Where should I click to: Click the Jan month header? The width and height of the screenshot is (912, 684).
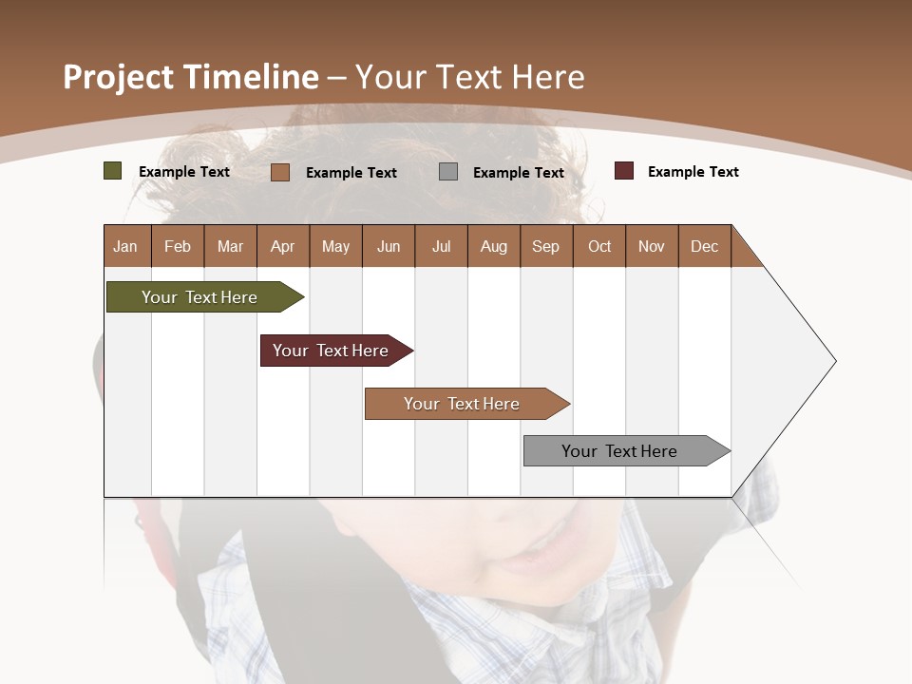[125, 246]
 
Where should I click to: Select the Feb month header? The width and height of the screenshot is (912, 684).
[178, 246]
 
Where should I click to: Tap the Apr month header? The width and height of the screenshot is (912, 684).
[282, 246]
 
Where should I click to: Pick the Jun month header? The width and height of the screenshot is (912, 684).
[389, 246]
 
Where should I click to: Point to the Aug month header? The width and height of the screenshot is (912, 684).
[493, 246]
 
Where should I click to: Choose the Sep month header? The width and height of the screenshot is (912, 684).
[545, 246]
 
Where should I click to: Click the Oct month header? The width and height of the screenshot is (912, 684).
[599, 246]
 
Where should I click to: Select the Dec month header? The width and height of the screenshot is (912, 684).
[704, 246]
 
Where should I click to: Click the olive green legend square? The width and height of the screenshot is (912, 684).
[112, 171]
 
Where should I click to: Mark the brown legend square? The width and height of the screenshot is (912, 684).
[279, 172]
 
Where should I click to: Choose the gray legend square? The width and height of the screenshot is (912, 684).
[448, 172]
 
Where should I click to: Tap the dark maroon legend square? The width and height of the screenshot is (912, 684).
[623, 171]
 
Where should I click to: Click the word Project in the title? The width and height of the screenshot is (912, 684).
[118, 78]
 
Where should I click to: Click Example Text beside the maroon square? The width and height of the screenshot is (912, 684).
[693, 172]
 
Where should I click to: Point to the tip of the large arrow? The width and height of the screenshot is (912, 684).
[834, 361]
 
